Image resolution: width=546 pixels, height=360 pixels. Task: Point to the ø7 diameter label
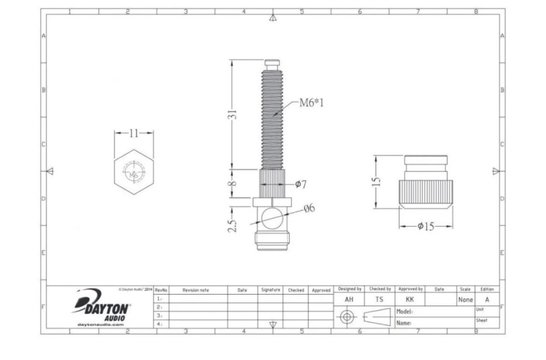pyautogui.click(x=301, y=184)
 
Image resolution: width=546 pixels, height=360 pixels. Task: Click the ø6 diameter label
pyautogui.click(x=309, y=207)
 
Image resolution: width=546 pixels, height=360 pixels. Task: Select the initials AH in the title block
pyautogui.click(x=348, y=298)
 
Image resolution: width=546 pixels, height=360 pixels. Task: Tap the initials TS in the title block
pyautogui.click(x=378, y=298)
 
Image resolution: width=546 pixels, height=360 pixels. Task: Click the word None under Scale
pyautogui.click(x=464, y=298)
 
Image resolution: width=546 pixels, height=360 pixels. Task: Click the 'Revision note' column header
pyautogui.click(x=197, y=289)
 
